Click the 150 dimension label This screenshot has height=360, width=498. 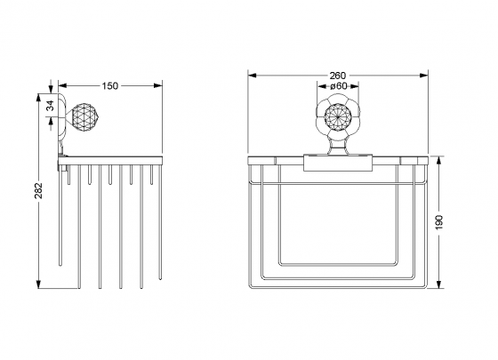[110, 86]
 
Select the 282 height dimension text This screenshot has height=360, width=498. [39, 190]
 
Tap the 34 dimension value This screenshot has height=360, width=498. [51, 106]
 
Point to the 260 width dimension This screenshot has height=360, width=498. [338, 76]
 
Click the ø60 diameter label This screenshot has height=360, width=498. [338, 86]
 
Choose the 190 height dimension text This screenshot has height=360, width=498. [438, 222]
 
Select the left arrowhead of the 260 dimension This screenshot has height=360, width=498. [253, 76]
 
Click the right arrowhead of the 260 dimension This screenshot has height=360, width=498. [424, 76]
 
